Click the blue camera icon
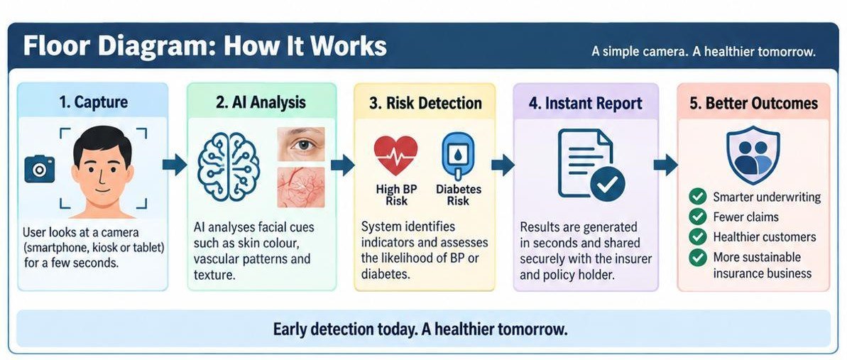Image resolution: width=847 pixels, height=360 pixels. point(40,168)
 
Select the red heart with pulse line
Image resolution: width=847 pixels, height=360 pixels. point(396,155)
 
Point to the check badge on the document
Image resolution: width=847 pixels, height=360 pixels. point(607,184)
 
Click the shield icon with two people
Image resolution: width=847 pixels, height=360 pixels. point(753,154)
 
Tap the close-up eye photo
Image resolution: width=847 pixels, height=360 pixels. point(300,143)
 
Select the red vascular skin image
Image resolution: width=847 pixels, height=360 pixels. point(300,187)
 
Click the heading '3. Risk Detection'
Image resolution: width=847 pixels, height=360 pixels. point(425,103)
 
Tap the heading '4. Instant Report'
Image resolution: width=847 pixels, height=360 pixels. point(586,103)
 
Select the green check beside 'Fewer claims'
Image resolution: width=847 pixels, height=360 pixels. point(698,217)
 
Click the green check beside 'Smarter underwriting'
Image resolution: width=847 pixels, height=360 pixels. point(698,197)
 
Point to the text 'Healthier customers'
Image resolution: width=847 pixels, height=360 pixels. point(765,236)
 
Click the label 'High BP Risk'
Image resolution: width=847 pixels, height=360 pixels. point(396,195)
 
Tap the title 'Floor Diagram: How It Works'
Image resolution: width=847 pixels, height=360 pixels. point(204,46)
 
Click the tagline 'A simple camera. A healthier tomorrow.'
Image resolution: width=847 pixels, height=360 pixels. point(704,53)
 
